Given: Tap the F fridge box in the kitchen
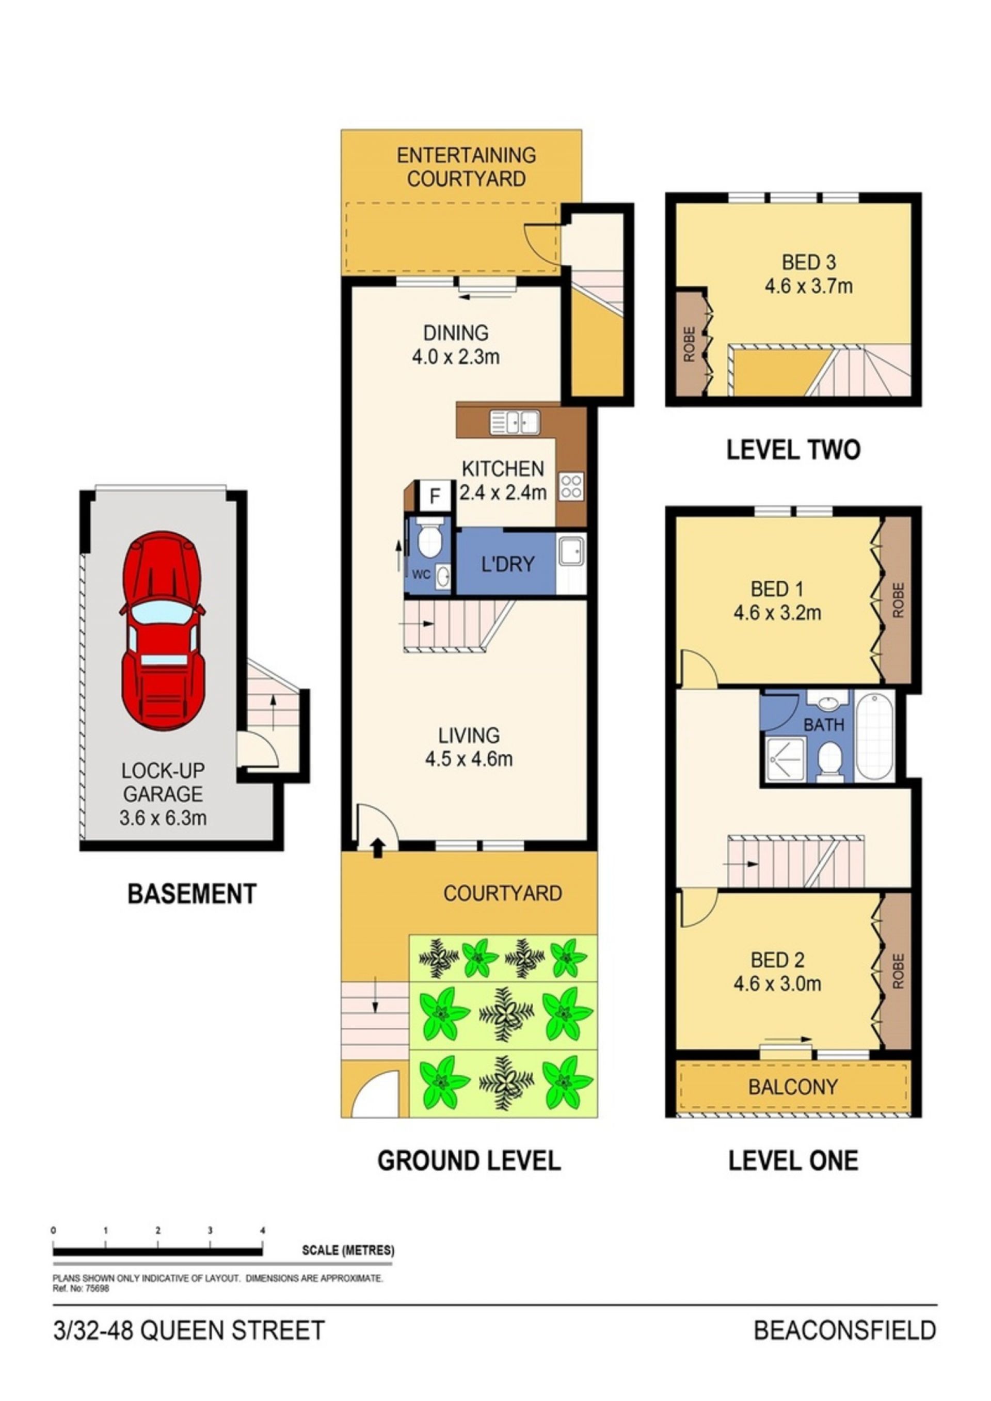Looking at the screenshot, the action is click(x=435, y=496).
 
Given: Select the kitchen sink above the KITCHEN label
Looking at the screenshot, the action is click(x=515, y=422).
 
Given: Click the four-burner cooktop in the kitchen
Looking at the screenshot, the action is click(x=571, y=487).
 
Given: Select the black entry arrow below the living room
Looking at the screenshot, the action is click(x=378, y=848).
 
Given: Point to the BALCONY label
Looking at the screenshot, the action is click(x=793, y=1087).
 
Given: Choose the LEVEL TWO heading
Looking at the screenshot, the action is click(x=793, y=450).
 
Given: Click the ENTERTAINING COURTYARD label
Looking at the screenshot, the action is click(x=466, y=167).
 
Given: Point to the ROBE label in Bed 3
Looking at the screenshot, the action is click(x=690, y=344).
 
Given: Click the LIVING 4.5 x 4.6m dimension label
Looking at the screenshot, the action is click(x=469, y=747).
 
